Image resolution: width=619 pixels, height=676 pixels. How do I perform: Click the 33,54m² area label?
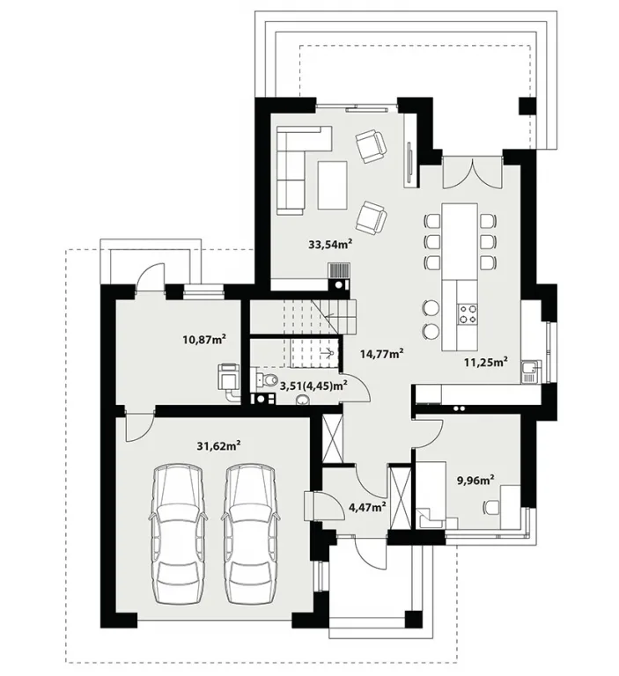(330, 245)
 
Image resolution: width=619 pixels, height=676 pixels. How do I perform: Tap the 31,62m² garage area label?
(218, 445)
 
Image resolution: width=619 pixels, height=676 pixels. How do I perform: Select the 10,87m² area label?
(205, 339)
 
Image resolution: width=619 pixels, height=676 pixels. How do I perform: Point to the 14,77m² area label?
(382, 354)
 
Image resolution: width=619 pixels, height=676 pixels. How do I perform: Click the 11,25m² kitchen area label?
(485, 361)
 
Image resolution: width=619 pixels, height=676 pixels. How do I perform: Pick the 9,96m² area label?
(475, 480)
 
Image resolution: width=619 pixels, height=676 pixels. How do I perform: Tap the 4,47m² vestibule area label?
(367, 507)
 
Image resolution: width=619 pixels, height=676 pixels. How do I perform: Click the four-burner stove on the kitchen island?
(468, 313)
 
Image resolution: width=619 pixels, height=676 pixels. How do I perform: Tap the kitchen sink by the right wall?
(529, 371)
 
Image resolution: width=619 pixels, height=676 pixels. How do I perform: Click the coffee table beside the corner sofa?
(333, 186)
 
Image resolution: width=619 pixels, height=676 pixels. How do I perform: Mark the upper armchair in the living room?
(371, 147)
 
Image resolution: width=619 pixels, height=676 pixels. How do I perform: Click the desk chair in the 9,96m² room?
(491, 507)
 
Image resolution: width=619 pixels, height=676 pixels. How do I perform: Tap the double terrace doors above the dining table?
(473, 173)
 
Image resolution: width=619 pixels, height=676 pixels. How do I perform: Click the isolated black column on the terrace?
(527, 106)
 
